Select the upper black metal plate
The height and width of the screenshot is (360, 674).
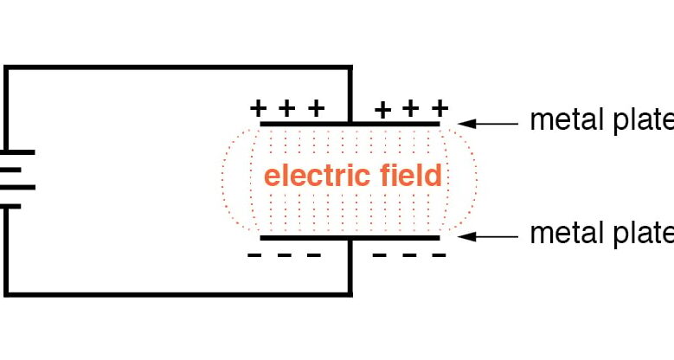350,125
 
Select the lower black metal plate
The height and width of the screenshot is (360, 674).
350,236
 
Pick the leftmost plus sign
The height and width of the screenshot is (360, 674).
257,108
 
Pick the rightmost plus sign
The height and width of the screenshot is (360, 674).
440,108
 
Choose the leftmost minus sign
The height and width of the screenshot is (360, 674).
255,255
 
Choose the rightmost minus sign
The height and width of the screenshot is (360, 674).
440,255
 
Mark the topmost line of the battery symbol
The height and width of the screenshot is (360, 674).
17,151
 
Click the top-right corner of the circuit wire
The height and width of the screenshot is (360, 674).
350,67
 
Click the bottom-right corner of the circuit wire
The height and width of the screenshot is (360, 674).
350,294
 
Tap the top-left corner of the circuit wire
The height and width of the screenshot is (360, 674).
6,67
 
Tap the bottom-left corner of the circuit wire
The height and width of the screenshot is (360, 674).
6,294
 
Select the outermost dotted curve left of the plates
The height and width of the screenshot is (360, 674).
223,180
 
